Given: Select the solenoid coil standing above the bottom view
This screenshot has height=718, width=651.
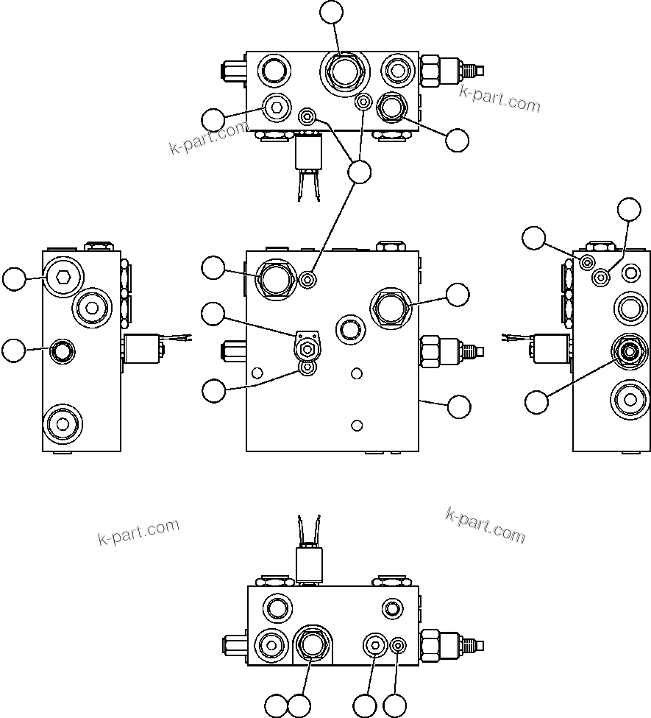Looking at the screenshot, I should pyautogui.click(x=310, y=564).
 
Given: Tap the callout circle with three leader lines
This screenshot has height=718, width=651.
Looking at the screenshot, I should pyautogui.click(x=359, y=172).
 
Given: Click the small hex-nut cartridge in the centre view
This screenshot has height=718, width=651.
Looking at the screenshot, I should pyautogui.click(x=307, y=344).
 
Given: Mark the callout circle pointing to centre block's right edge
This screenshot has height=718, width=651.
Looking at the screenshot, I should pyautogui.click(x=459, y=406).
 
